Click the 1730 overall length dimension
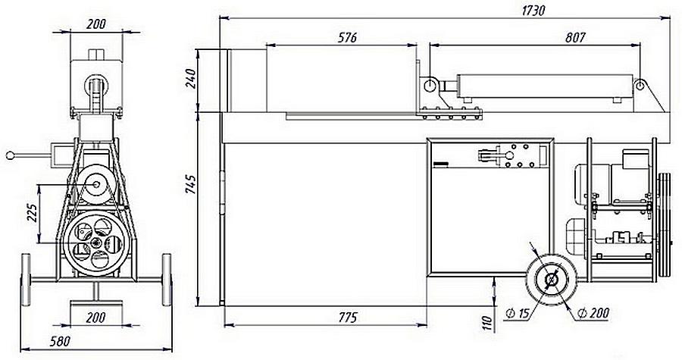[x=533, y=11]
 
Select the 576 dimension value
[x=347, y=38]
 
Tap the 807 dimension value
[x=575, y=38]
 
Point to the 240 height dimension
[x=191, y=78]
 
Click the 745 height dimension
[x=190, y=184]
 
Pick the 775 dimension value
[x=347, y=318]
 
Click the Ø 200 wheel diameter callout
[x=593, y=312]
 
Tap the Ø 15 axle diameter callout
[x=517, y=312]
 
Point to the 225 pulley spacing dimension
[x=33, y=212]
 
